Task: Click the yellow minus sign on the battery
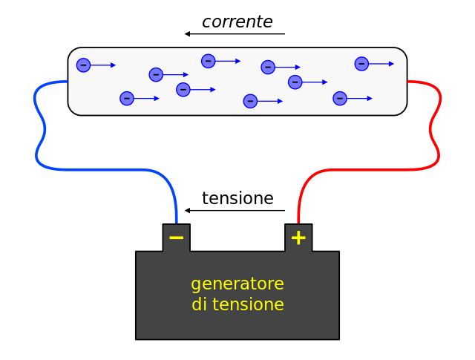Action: click(176, 238)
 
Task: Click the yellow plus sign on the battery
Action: click(298, 238)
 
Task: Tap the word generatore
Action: click(237, 284)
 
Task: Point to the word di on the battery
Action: click(198, 305)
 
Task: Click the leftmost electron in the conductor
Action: click(83, 65)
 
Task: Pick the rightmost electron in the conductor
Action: click(361, 64)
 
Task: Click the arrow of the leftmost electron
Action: click(104, 65)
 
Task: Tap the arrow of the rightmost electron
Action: click(382, 64)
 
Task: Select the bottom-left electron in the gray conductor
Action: click(127, 99)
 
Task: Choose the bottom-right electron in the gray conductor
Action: click(340, 99)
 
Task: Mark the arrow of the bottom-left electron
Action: click(147, 99)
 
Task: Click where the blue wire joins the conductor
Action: click(68, 82)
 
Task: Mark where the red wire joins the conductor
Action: click(407, 82)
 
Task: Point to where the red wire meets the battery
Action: click(298, 223)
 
